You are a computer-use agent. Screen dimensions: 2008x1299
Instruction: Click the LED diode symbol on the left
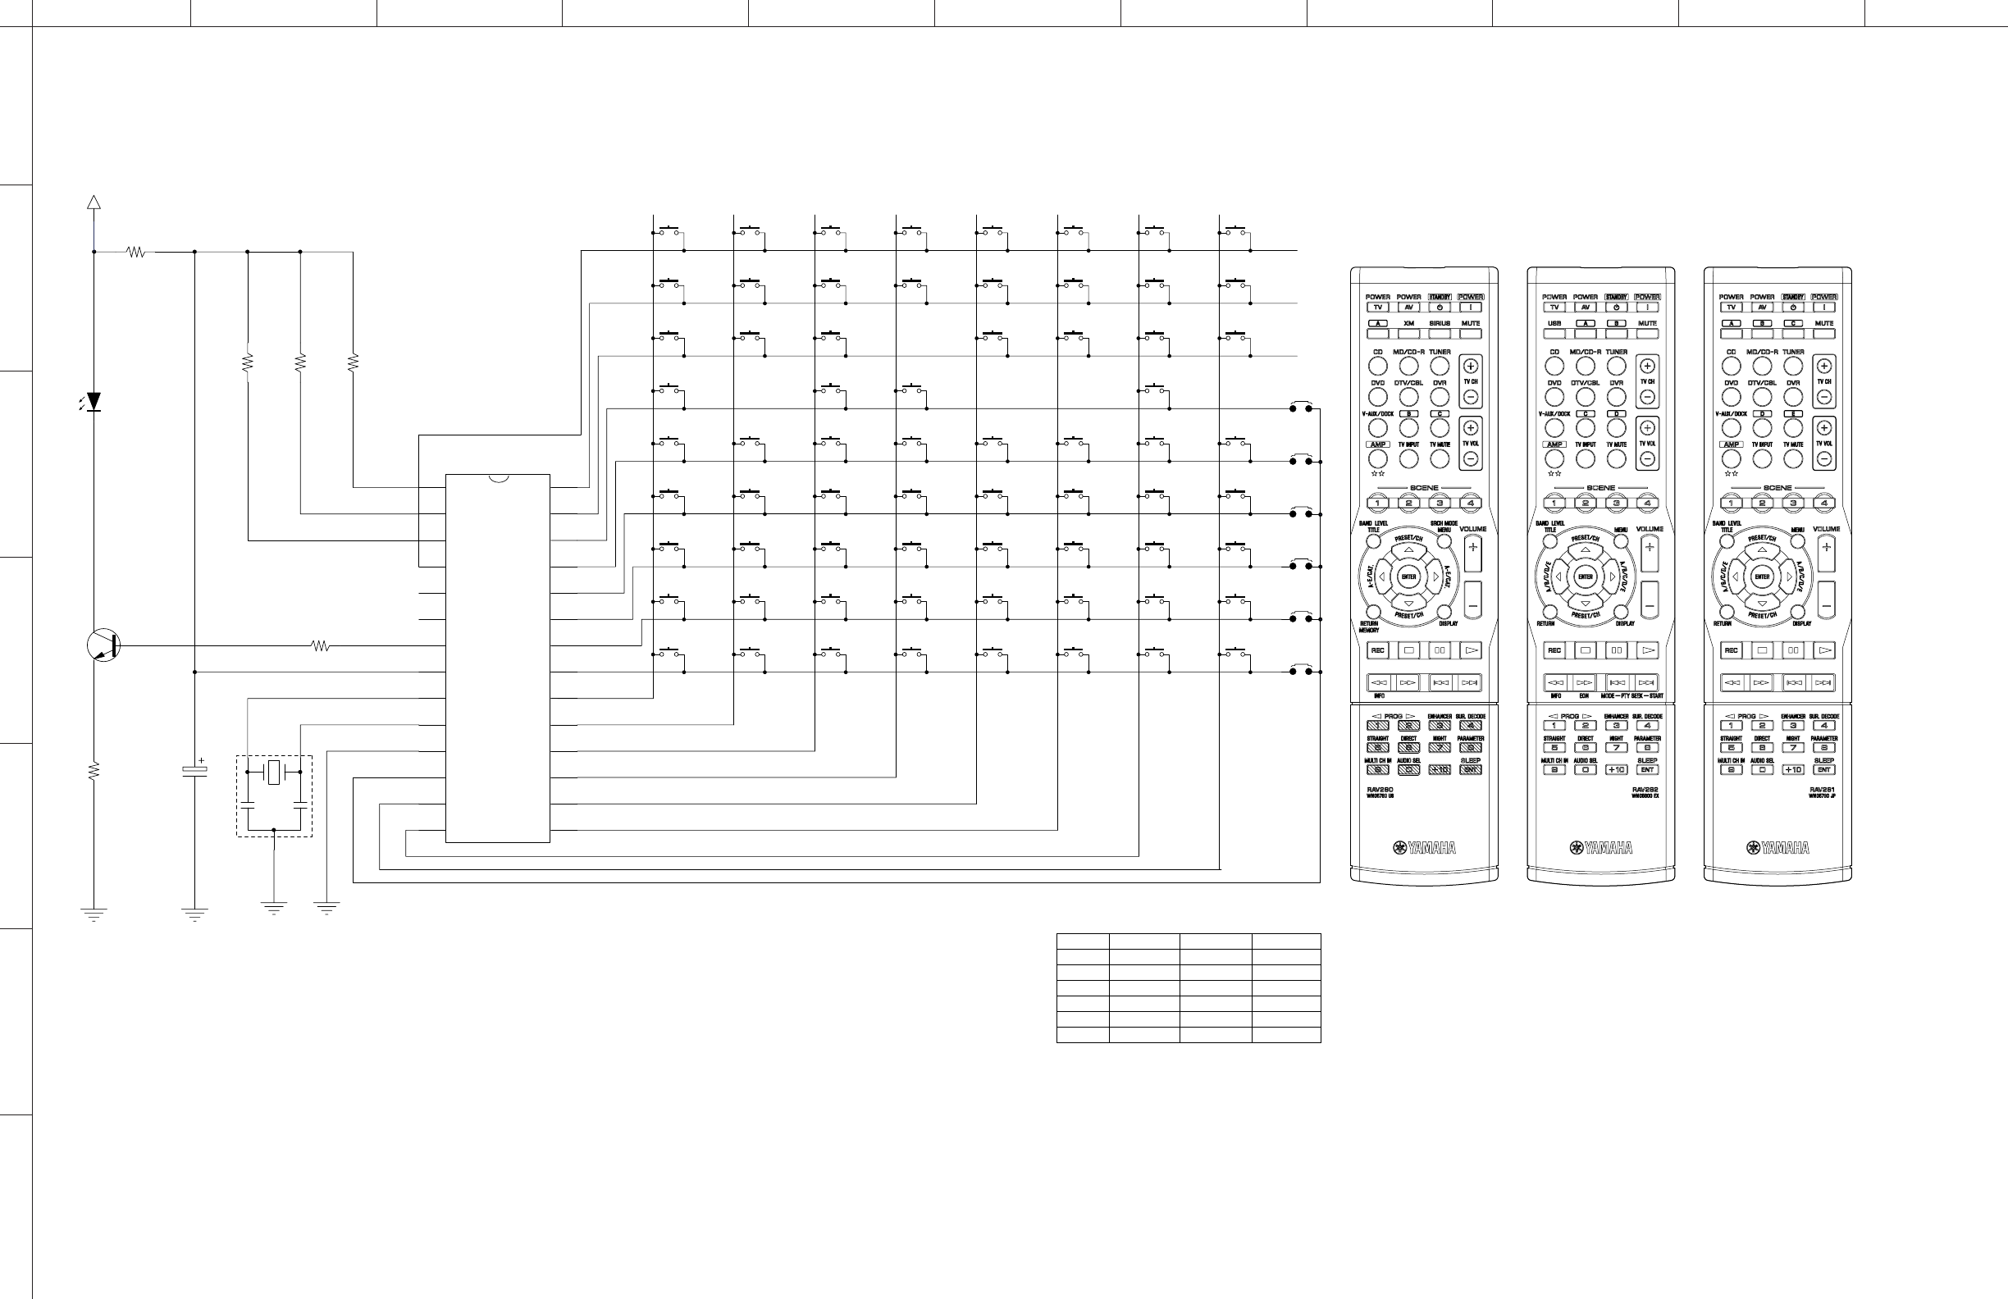tap(94, 402)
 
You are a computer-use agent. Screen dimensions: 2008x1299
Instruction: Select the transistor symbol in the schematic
tap(104, 645)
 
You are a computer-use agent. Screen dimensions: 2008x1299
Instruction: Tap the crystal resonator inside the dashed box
tap(273, 772)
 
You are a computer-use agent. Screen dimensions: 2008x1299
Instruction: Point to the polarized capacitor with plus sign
tap(195, 771)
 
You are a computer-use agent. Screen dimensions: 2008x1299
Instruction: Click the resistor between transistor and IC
tap(321, 646)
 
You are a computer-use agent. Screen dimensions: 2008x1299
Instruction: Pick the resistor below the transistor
tap(94, 771)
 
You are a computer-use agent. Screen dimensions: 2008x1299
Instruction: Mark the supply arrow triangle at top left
tap(94, 202)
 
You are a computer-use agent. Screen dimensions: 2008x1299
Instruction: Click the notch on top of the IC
tap(498, 478)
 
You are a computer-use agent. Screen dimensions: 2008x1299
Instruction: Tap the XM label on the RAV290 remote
tap(1408, 323)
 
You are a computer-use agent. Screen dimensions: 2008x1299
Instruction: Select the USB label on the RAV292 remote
tap(1554, 323)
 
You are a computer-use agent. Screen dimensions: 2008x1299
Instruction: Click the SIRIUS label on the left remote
tap(1440, 323)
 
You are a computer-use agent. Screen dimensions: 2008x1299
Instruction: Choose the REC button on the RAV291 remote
tap(1732, 650)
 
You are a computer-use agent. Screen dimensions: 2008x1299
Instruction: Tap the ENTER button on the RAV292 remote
tap(1586, 577)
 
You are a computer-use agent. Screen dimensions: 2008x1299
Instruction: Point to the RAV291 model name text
tap(1823, 790)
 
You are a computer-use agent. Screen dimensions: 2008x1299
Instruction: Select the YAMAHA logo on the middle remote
tap(1601, 848)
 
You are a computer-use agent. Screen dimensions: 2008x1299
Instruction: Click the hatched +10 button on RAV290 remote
tap(1440, 769)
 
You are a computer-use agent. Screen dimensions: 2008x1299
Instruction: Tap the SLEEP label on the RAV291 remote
tap(1824, 760)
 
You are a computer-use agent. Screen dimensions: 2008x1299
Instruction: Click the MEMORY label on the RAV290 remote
tap(1368, 630)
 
